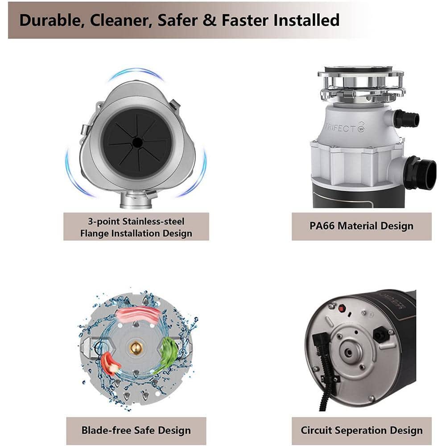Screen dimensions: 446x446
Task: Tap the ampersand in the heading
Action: coord(209,20)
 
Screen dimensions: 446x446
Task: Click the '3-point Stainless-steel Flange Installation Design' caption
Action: coord(136,227)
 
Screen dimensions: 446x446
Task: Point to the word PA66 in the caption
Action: coord(322,226)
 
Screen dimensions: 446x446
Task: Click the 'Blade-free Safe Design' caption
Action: coord(136,430)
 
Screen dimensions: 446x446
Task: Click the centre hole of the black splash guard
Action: coord(137,142)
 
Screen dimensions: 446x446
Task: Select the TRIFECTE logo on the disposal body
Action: coord(344,128)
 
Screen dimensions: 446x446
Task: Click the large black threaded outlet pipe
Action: coord(421,173)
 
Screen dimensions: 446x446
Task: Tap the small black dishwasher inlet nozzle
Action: coord(407,118)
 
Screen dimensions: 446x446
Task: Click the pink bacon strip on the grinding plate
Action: coord(138,314)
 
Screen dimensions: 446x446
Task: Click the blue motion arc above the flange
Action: coord(136,72)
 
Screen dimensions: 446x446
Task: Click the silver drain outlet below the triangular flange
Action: coord(135,201)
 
